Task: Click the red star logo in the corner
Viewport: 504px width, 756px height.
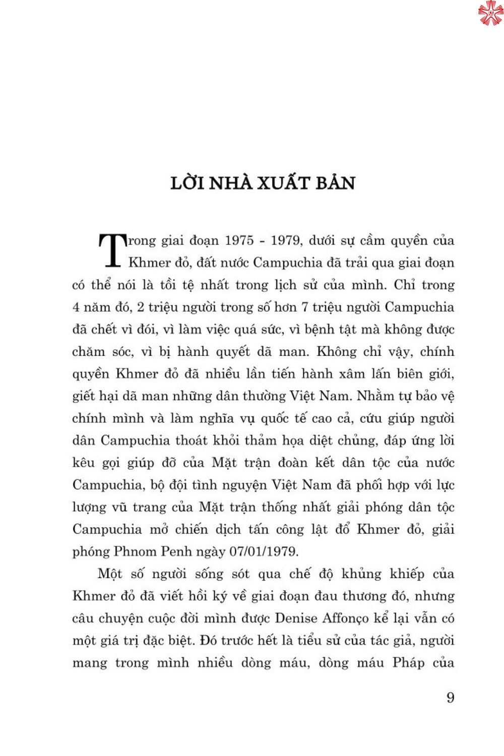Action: (x=490, y=13)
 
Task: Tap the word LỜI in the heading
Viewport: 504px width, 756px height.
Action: (x=187, y=182)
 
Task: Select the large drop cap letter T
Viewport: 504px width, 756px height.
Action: (x=113, y=250)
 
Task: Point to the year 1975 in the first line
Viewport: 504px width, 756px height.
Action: (x=239, y=240)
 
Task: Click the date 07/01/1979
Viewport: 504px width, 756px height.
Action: (x=263, y=551)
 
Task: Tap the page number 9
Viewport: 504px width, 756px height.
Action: (x=450, y=698)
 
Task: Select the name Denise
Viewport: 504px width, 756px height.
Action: (x=296, y=618)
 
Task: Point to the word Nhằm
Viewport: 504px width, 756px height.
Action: (x=375, y=396)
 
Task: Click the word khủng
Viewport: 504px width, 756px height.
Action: (x=362, y=574)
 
